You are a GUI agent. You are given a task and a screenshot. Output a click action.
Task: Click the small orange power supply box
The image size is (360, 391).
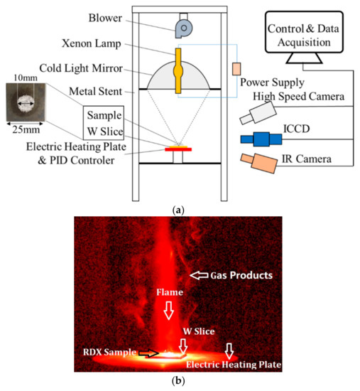point(236,69)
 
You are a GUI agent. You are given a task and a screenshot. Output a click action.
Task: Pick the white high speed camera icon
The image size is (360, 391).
point(258,107)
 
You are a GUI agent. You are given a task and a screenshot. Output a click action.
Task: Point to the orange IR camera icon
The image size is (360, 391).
point(260,163)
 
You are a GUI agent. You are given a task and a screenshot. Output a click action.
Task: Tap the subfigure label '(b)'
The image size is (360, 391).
point(180,382)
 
